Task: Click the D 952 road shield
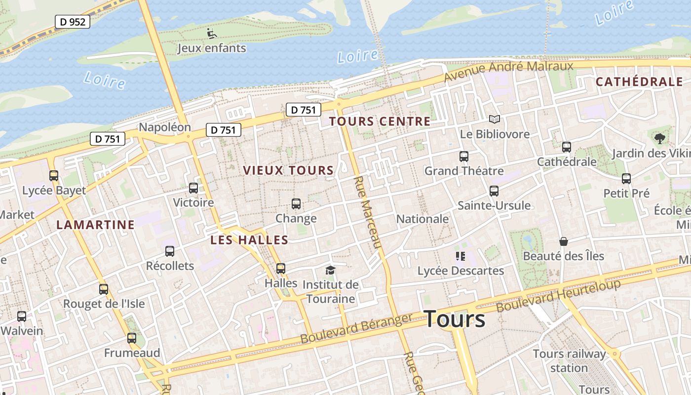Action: coord(72,22)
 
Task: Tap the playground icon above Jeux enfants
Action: coord(212,34)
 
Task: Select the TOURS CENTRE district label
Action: coord(380,121)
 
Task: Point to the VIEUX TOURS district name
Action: coord(288,171)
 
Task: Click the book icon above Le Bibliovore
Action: coord(494,119)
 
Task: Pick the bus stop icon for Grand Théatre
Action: coord(464,157)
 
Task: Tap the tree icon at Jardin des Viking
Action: coord(659,139)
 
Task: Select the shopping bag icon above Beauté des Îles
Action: coord(563,241)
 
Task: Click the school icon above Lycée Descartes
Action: coord(461,256)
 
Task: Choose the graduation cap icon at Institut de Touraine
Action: coord(330,270)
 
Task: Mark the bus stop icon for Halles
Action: coord(281,269)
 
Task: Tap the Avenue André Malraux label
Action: coord(508,72)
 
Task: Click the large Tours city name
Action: coord(454,319)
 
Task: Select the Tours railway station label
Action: coord(569,361)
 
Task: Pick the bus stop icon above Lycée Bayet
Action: coord(54,176)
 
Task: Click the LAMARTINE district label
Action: coord(95,225)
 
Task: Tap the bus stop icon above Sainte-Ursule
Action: coord(494,191)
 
